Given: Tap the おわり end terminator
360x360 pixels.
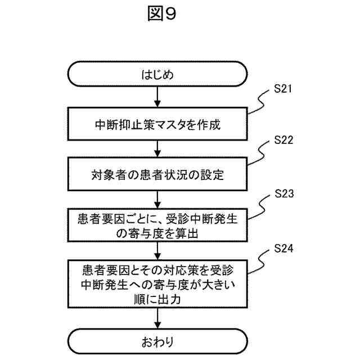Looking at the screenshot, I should pyautogui.click(x=157, y=341).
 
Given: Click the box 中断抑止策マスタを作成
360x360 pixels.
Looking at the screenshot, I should pyautogui.click(x=157, y=123).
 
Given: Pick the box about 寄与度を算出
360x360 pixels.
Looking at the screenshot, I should pyautogui.click(x=157, y=225).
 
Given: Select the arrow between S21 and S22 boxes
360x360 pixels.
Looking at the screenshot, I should pyautogui.click(x=157, y=148).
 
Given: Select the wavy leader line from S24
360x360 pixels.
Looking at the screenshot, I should pyautogui.click(x=260, y=260).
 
